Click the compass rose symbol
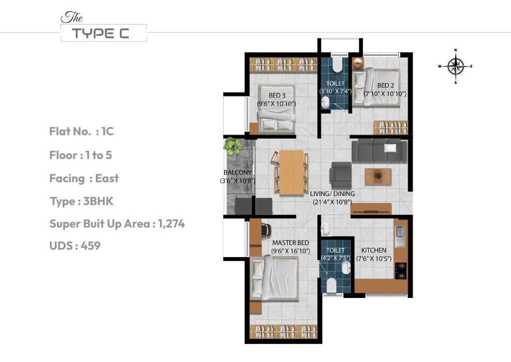(455, 66)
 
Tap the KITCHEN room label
(374, 250)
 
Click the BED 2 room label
(386, 85)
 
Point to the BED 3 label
(277, 95)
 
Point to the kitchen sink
(400, 236)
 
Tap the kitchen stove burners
(400, 271)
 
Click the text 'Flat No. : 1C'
(81, 131)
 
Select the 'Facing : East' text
(84, 178)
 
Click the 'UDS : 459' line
(75, 246)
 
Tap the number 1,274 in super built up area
(171, 224)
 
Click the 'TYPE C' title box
(103, 33)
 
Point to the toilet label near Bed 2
(335, 84)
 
